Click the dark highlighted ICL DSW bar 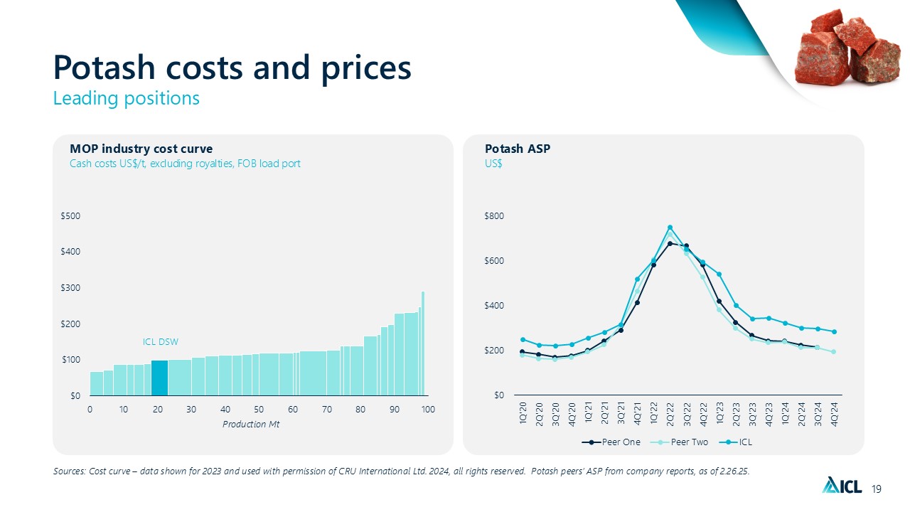pyautogui.click(x=159, y=378)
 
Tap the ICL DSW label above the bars pyautogui.click(x=161, y=342)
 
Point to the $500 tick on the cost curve pyautogui.click(x=70, y=216)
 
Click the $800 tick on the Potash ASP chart pyautogui.click(x=493, y=216)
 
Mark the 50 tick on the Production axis pyautogui.click(x=259, y=410)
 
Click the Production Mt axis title pyautogui.click(x=259, y=425)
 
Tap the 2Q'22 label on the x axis pyautogui.click(x=670, y=414)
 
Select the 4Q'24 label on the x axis pyautogui.click(x=834, y=414)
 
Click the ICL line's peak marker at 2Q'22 pyautogui.click(x=670, y=228)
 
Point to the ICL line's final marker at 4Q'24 pyautogui.click(x=834, y=332)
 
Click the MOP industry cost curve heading pyautogui.click(x=141, y=149)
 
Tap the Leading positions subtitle pyautogui.click(x=126, y=98)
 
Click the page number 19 pyautogui.click(x=876, y=489)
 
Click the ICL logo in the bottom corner pyautogui.click(x=842, y=486)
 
